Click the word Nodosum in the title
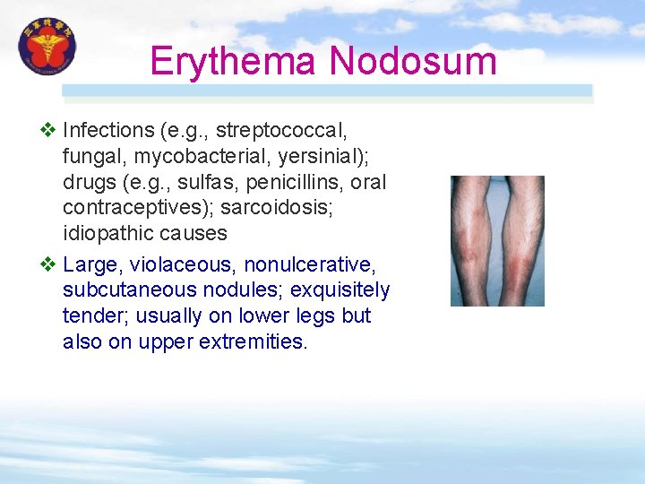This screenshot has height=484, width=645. click(413, 61)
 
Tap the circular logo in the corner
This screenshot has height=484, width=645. click(47, 48)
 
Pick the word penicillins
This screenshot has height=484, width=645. click(288, 182)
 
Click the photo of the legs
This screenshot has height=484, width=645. click(497, 241)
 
